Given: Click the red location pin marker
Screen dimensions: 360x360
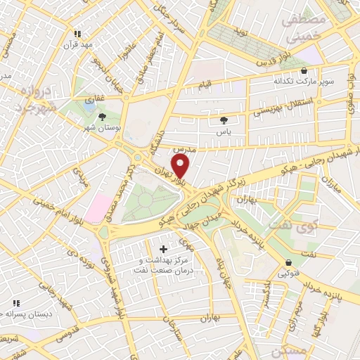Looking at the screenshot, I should point(181,167).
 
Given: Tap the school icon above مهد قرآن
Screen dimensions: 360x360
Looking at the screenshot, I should point(78,33).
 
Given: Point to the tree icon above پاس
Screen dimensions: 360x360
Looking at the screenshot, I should point(224,120).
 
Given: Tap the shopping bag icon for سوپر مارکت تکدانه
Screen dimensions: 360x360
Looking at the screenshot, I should point(304,70).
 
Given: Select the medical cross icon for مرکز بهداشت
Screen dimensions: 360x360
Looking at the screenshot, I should point(165,249).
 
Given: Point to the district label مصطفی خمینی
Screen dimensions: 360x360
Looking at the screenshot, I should point(303,27).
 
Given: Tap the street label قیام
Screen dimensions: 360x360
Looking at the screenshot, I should point(205,85).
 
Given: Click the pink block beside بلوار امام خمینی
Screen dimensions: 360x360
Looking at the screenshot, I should point(96,208).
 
